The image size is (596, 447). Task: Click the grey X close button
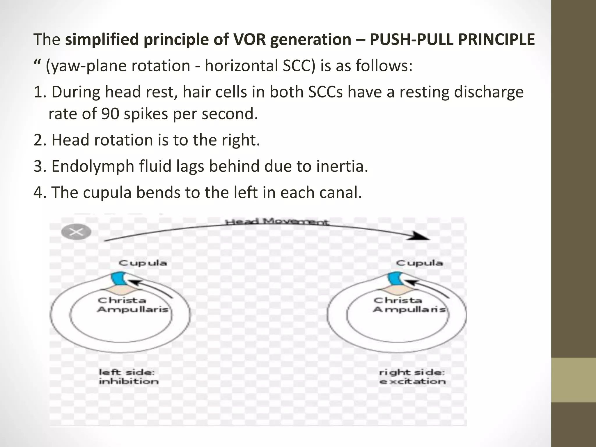click(77, 232)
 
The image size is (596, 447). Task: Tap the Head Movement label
click(277, 222)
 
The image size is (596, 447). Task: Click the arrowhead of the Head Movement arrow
click(421, 236)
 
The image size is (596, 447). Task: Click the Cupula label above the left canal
click(143, 263)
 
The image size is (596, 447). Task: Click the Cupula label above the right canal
click(419, 263)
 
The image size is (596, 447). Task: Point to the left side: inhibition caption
click(128, 377)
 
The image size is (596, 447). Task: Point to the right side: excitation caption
click(412, 377)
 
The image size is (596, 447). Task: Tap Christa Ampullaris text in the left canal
click(133, 305)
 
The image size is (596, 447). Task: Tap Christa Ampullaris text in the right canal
click(409, 305)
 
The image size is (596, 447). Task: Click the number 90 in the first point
click(110, 114)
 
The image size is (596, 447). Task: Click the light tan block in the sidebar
click(574, 380)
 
